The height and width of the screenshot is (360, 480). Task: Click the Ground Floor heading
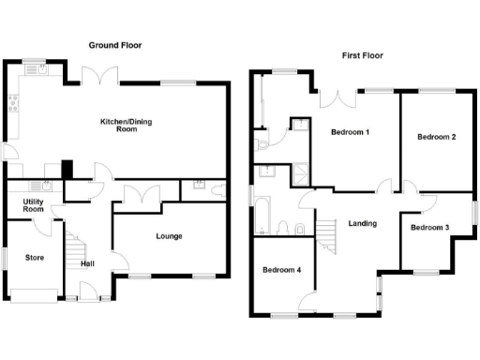pos(116,45)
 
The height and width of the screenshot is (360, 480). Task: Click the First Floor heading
pos(361,55)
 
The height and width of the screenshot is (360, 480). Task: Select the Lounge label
pos(169,236)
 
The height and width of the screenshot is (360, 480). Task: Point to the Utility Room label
pos(34,205)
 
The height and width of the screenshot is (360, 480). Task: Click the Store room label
pos(35,257)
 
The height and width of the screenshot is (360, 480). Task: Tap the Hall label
pos(87,263)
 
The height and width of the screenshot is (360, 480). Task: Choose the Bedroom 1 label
pos(350,132)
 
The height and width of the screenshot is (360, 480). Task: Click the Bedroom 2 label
pos(436,138)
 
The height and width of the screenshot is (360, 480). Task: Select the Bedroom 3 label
pos(429,228)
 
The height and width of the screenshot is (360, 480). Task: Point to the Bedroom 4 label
pos(281,271)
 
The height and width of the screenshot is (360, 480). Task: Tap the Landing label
pos(362,224)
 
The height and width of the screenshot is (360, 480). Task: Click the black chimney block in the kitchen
pos(67,169)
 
